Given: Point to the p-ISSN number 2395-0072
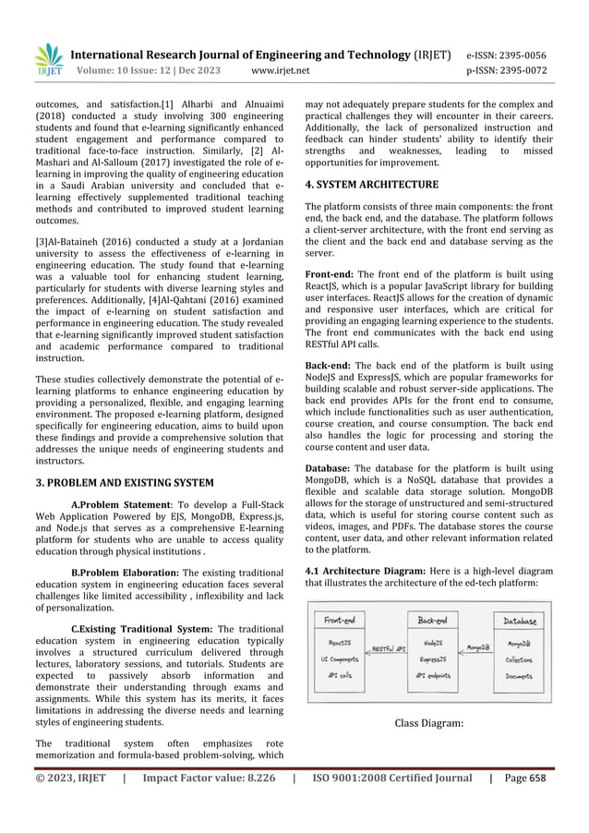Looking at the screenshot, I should point(534,68).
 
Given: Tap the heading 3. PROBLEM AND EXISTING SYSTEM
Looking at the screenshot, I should point(124,482).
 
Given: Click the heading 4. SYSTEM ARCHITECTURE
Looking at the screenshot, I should point(371,185).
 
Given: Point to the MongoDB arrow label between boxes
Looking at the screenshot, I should point(478,648).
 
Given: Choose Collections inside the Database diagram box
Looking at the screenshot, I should point(519,659).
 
